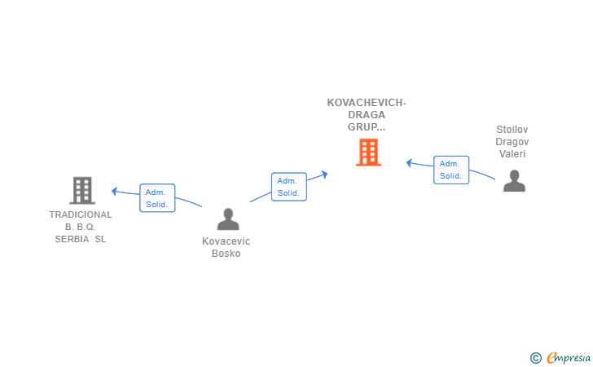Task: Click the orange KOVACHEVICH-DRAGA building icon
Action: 368,152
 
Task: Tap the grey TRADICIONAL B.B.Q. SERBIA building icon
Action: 81,190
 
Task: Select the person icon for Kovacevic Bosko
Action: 228,219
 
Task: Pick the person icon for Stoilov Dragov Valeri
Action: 514,180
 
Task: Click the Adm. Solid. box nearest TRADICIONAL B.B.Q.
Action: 157,198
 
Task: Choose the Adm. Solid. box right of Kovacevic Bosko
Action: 288,187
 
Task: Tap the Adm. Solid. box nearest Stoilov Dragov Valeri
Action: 450,170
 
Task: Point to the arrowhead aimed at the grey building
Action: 115,191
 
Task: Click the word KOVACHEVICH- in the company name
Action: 367,103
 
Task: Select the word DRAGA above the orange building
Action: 367,115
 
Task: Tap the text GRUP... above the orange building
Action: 367,127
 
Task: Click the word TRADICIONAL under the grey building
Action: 81,214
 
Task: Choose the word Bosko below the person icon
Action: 226,254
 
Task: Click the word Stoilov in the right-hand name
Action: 513,129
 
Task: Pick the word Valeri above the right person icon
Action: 513,153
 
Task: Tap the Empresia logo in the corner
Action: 567,357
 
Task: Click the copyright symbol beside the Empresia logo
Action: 535,357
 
